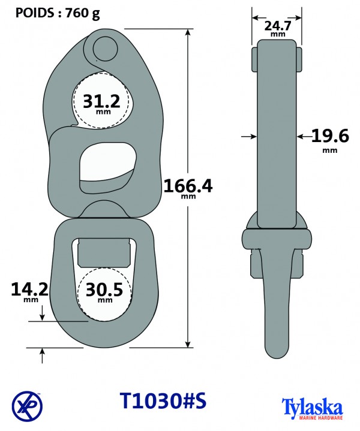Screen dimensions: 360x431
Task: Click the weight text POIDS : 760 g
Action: click(58, 13)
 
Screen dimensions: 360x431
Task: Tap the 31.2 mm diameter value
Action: click(101, 103)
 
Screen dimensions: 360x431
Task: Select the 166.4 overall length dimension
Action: click(188, 188)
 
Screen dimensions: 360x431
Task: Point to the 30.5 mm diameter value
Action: click(104, 292)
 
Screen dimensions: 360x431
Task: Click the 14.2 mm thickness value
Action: click(30, 292)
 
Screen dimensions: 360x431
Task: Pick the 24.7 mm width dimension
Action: click(278, 28)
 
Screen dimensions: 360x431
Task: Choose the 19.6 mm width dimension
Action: click(330, 140)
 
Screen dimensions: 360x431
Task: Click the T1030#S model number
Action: click(163, 400)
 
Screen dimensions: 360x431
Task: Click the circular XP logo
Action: click(27, 406)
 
